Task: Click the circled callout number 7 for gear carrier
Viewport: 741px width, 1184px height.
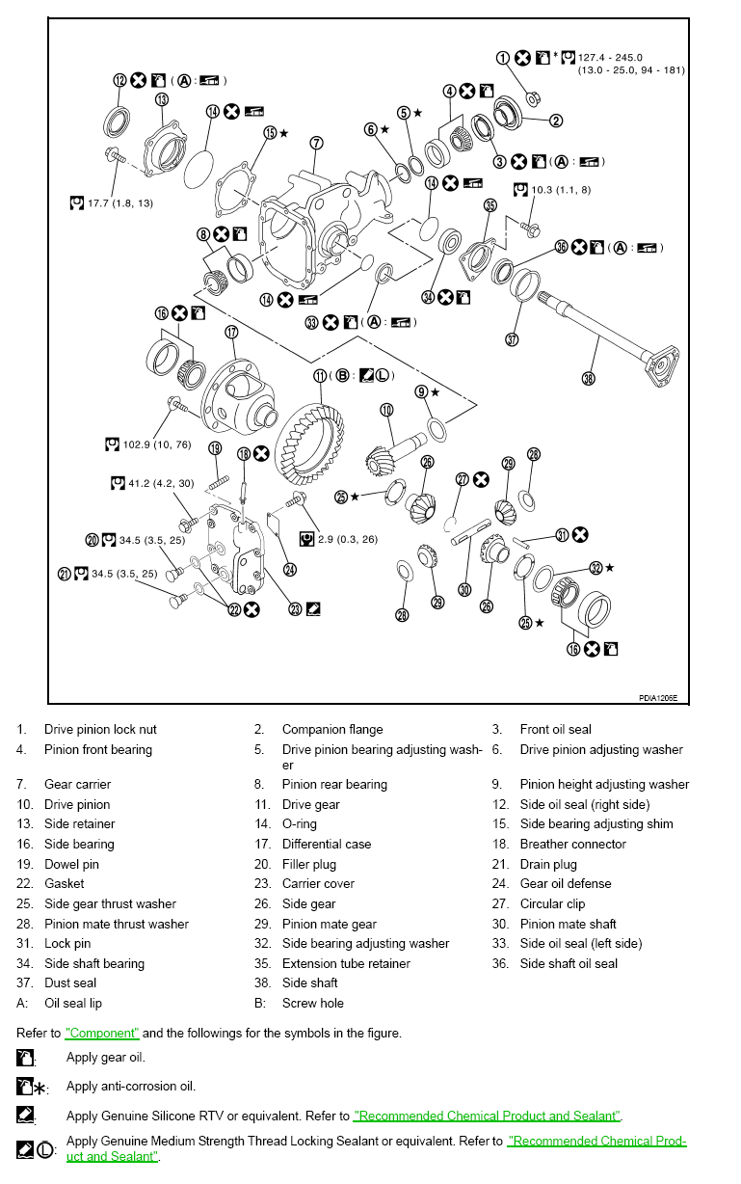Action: pos(316,143)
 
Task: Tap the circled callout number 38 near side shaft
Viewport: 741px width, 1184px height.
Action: pos(589,379)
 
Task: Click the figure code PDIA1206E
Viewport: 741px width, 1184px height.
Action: pos(657,698)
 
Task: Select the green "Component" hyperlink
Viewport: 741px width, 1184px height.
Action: pos(102,1033)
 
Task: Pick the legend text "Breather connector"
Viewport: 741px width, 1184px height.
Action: pos(572,844)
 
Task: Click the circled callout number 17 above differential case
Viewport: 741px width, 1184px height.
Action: pos(231,332)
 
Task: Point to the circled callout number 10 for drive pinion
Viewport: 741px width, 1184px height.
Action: pos(387,410)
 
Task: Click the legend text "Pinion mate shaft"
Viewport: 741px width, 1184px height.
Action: pos(568,924)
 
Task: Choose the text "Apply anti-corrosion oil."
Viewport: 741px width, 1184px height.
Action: pos(131,1086)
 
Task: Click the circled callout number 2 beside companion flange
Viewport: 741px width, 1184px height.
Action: pos(556,121)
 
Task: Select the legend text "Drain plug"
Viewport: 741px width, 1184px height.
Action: pos(547,864)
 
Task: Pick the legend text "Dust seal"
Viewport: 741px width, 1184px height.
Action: pos(71,982)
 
